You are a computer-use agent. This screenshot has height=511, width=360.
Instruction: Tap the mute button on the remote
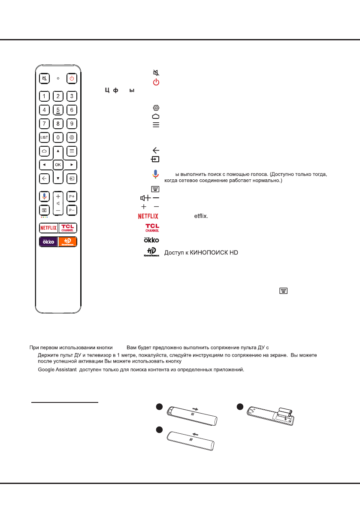(x=44, y=79)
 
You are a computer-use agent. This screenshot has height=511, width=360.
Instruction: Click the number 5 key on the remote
(x=58, y=110)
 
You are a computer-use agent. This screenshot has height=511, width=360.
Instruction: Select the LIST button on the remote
(x=44, y=138)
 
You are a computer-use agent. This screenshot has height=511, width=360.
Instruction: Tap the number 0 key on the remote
(x=58, y=138)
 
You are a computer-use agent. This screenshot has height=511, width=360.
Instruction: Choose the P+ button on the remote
(x=72, y=196)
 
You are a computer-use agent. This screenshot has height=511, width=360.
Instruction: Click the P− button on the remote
(x=72, y=211)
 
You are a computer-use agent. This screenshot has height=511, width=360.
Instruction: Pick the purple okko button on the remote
(x=48, y=242)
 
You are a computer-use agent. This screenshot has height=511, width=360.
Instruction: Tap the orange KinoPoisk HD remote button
(x=68, y=242)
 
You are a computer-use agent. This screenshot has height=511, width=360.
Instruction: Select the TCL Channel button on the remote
(x=68, y=227)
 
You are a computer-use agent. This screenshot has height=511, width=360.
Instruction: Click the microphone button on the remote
(x=44, y=196)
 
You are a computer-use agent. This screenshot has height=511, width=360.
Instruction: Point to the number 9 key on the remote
(x=72, y=124)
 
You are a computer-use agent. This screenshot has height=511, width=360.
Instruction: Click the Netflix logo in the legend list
(x=148, y=216)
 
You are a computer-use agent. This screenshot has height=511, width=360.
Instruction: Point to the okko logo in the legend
(x=151, y=239)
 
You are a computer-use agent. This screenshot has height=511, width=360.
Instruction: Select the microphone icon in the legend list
(x=155, y=175)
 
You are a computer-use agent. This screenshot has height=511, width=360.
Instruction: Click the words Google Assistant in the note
(x=56, y=370)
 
